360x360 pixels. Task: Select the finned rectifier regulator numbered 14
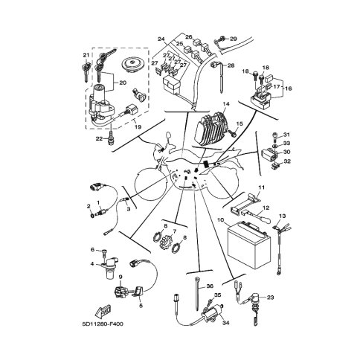click(213, 128)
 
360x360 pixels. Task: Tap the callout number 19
click(138, 127)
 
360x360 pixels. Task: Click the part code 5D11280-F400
click(103, 324)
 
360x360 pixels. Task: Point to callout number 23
click(270, 297)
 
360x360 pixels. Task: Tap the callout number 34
click(225, 323)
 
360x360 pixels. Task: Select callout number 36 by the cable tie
click(210, 286)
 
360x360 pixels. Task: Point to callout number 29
click(234, 39)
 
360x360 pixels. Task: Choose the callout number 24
click(161, 39)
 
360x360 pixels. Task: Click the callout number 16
click(288, 89)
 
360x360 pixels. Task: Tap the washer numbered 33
click(274, 146)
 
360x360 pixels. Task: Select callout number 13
click(282, 216)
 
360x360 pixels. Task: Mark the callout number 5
click(141, 306)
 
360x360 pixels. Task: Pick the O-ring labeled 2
click(92, 214)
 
